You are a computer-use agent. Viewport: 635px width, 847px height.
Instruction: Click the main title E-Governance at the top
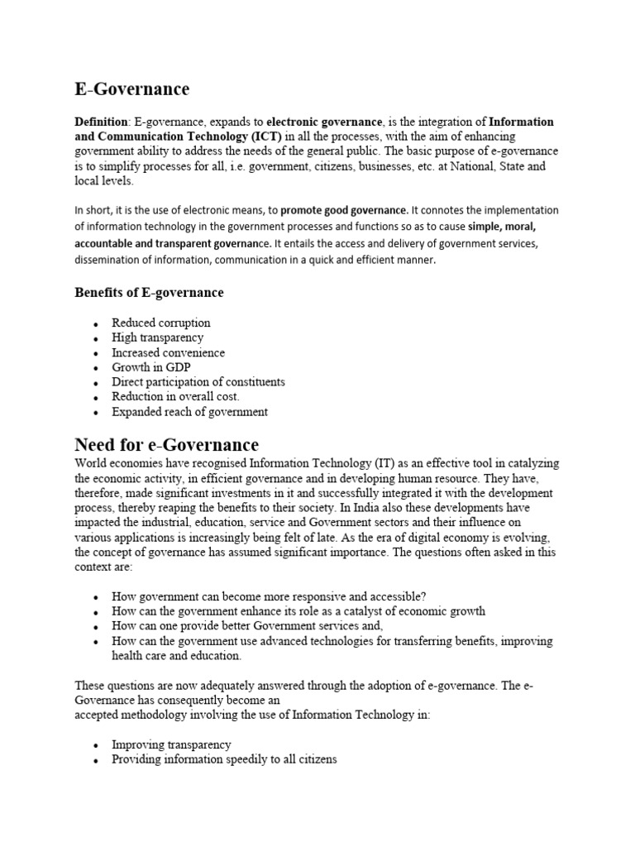pos(131,89)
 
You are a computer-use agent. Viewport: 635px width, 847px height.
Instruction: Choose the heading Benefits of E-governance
pos(149,292)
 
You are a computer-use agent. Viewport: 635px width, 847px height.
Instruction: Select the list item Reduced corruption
pos(161,323)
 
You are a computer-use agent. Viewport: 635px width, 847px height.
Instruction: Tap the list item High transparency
pos(157,337)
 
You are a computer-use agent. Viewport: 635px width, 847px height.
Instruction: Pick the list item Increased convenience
pos(168,352)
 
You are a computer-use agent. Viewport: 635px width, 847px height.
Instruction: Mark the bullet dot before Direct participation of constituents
pos(97,383)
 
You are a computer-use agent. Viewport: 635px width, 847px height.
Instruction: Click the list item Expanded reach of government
pos(189,412)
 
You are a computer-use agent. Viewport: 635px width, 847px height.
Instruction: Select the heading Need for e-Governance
pos(166,445)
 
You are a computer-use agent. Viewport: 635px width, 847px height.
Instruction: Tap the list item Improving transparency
pos(171,744)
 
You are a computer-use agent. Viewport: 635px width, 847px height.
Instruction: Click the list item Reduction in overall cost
pos(175,397)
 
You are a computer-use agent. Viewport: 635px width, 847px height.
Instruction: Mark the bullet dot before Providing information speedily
pos(97,760)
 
